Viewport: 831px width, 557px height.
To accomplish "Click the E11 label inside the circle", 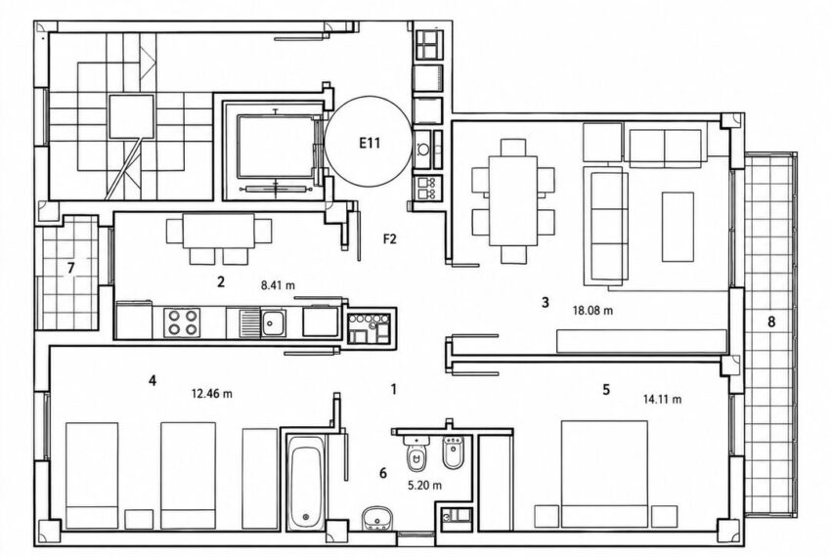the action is tap(370, 143).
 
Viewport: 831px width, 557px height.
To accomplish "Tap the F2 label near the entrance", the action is tap(389, 239).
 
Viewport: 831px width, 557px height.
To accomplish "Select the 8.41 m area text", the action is tap(278, 285).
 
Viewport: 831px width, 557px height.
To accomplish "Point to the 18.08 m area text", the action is tap(592, 311).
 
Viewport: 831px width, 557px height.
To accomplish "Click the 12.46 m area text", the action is tap(211, 394).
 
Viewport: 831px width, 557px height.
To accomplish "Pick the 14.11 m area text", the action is tap(663, 400).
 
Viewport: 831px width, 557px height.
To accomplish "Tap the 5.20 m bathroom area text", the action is tap(425, 485).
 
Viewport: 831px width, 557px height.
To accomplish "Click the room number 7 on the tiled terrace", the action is tap(70, 268).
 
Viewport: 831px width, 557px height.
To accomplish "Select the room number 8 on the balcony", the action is tap(771, 321).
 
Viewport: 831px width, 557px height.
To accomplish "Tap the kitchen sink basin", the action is tap(274, 321).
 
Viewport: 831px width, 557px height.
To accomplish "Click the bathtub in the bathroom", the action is tap(306, 483).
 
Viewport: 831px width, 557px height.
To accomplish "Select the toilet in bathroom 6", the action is tap(417, 455).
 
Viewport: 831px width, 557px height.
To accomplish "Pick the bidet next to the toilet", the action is tap(453, 452).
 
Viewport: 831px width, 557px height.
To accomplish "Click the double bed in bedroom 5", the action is tap(605, 474).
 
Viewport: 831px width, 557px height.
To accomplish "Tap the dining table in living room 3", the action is tap(513, 200).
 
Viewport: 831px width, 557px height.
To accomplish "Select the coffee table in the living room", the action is tap(678, 227).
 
